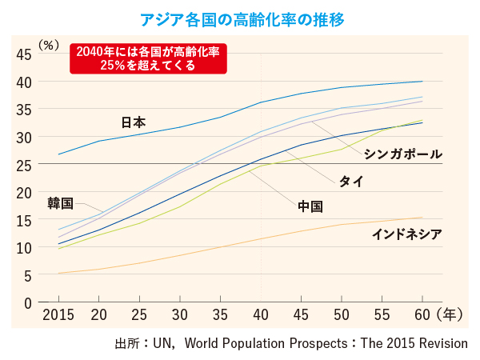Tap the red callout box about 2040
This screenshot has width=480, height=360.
tap(148, 58)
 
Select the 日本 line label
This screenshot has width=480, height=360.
tap(133, 122)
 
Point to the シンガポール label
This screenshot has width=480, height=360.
tap(402, 154)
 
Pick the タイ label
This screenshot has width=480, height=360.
tap(351, 181)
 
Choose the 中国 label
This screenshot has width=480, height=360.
tap(310, 206)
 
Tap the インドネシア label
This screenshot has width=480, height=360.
tap(407, 234)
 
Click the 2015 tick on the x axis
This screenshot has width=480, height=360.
tap(58, 314)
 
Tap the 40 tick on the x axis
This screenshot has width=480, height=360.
tap(261, 314)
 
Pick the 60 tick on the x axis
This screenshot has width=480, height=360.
tap(422, 314)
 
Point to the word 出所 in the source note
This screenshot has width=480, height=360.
tap(127, 342)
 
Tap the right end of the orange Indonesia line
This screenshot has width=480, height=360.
tap(422, 218)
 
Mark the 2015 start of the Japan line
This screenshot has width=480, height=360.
tap(58, 154)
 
